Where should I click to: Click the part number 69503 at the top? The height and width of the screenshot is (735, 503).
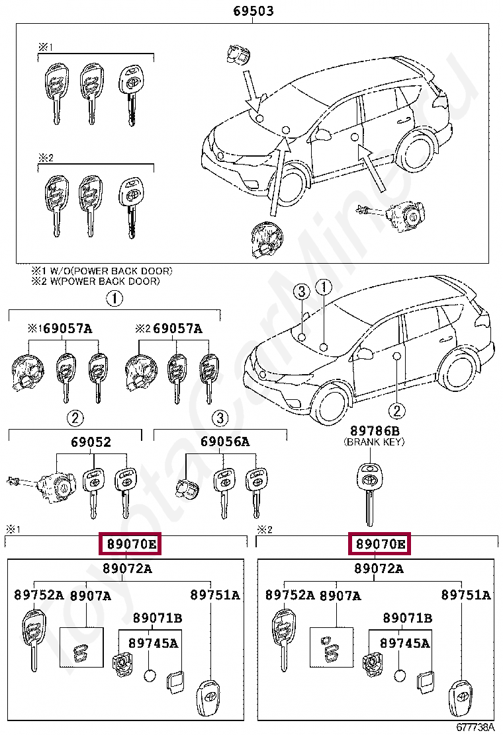click(253, 11)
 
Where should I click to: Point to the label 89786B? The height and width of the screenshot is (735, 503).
click(374, 432)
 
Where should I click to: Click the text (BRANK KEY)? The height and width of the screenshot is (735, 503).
click(374, 442)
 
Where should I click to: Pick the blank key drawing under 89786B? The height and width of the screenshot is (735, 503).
click(370, 489)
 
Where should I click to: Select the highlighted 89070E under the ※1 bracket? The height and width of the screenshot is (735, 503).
click(130, 544)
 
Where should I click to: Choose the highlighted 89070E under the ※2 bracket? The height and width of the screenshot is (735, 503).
click(380, 544)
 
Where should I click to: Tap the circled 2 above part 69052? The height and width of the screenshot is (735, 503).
click(75, 418)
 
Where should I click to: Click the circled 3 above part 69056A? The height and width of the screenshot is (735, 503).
click(220, 418)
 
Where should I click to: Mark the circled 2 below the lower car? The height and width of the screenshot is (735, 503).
click(396, 410)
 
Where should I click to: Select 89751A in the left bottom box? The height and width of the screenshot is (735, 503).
click(214, 595)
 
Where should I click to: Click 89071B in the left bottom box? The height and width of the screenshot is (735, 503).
click(157, 618)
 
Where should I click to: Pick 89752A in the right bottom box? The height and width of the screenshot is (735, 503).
click(290, 595)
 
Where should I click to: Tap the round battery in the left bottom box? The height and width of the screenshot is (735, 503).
click(149, 676)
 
